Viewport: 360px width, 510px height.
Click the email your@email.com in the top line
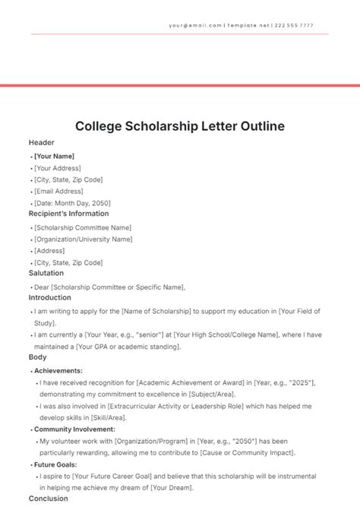195,25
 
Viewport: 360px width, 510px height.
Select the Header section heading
41,143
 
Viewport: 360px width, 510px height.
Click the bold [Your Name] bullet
54,156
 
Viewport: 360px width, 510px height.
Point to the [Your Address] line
57,168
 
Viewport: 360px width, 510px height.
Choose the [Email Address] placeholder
60,192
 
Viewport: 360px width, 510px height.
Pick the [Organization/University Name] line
84,239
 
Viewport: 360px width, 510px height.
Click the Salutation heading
46,274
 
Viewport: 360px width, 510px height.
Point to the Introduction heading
49,299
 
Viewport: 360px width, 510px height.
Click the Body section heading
37,357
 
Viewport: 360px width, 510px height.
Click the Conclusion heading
48,499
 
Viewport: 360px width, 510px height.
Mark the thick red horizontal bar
180,85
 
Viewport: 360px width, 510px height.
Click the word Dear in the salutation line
41,287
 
